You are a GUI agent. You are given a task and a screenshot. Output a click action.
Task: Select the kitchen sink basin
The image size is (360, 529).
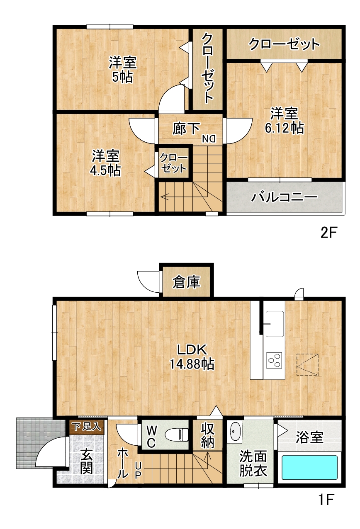tap(275, 324)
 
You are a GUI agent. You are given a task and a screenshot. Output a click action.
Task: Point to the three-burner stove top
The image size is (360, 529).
tap(274, 360)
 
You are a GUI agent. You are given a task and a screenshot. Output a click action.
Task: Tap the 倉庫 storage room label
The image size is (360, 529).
tap(186, 282)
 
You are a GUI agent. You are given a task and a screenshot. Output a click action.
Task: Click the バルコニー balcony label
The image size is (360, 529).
tap(284, 197)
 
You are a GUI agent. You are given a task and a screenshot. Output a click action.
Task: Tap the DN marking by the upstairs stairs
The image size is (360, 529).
tap(209, 139)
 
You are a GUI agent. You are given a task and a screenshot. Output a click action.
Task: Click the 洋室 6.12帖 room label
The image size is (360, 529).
tap(284, 121)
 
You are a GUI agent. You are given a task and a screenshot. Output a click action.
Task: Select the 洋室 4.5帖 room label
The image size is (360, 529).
tap(105, 163)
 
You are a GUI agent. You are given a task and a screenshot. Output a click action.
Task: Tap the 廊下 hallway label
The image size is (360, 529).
tap(186, 129)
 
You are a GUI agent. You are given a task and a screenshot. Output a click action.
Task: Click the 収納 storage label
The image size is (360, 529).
tap(207, 436)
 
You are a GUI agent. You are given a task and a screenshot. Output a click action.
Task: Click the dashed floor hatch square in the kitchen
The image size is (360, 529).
tap(307, 365)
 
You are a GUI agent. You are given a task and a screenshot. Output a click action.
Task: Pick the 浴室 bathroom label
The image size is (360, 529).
tap(309, 438)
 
